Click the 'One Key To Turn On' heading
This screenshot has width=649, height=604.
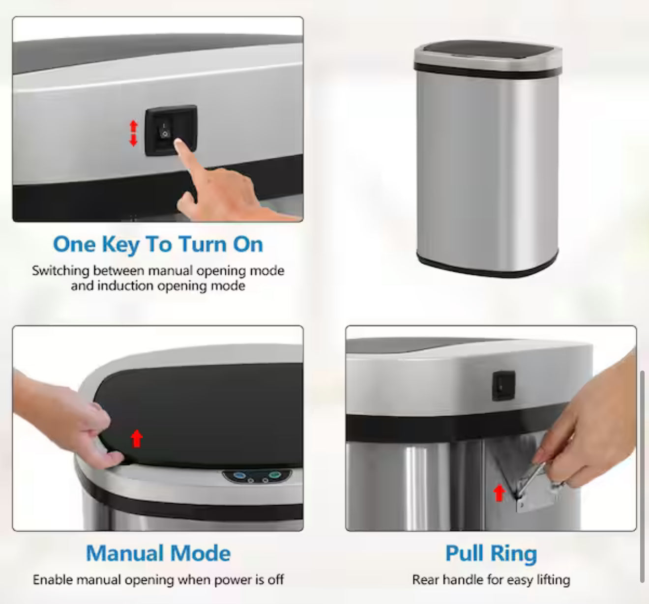(x=158, y=244)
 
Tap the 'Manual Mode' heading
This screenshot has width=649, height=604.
(x=158, y=553)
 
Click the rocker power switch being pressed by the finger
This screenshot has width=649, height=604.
(x=165, y=130)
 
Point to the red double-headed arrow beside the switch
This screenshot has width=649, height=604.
(x=133, y=133)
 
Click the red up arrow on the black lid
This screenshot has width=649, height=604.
(x=137, y=438)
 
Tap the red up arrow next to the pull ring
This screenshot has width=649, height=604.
(x=499, y=493)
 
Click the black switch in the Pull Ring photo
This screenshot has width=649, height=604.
(x=503, y=386)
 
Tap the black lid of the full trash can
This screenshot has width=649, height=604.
(x=488, y=50)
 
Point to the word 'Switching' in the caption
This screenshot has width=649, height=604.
(x=60, y=271)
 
